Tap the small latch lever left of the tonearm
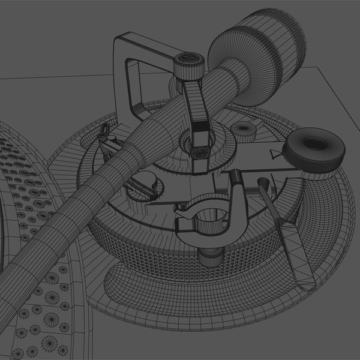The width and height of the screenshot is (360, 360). pos(108,144)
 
